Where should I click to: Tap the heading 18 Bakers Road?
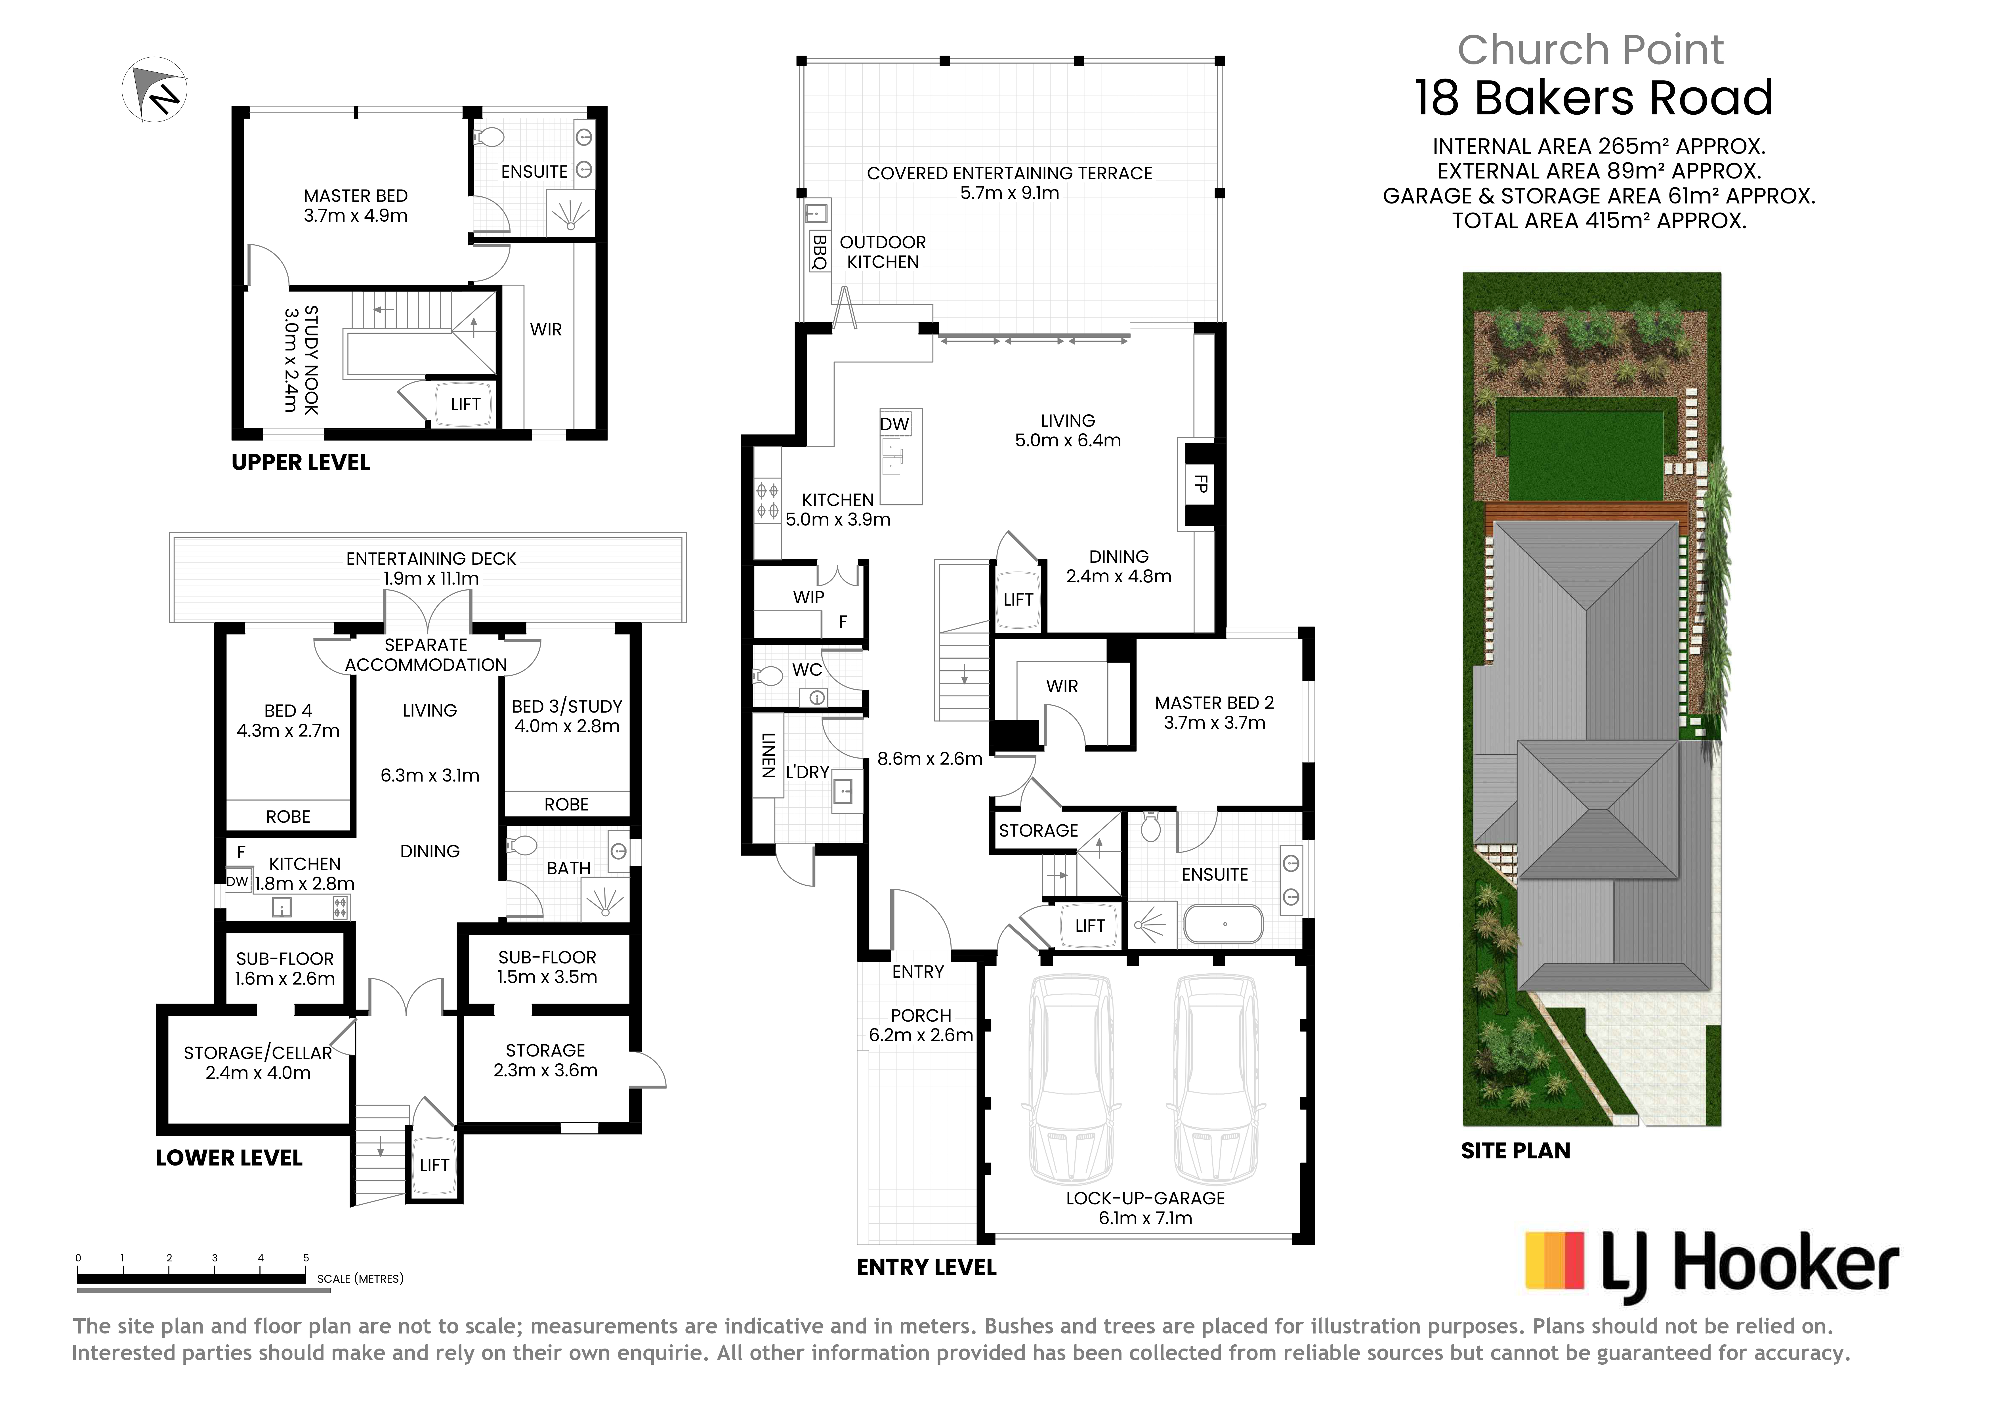(x=1594, y=98)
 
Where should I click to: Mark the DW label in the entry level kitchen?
(x=894, y=424)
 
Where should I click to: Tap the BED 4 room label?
(x=288, y=711)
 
